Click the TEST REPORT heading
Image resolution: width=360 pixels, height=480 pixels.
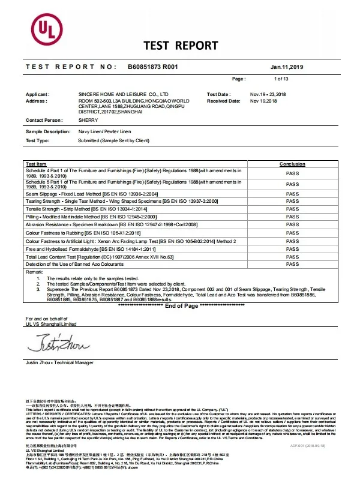click(181, 46)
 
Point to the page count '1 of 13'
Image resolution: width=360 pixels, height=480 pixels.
click(281, 79)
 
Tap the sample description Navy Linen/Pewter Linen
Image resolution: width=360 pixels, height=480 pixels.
click(112, 131)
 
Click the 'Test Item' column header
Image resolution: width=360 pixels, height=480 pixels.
click(36, 164)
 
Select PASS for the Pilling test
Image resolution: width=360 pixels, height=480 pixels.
click(292, 215)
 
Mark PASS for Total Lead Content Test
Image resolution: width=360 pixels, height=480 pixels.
click(292, 256)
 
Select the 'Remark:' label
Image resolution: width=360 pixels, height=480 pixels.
click(34, 272)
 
